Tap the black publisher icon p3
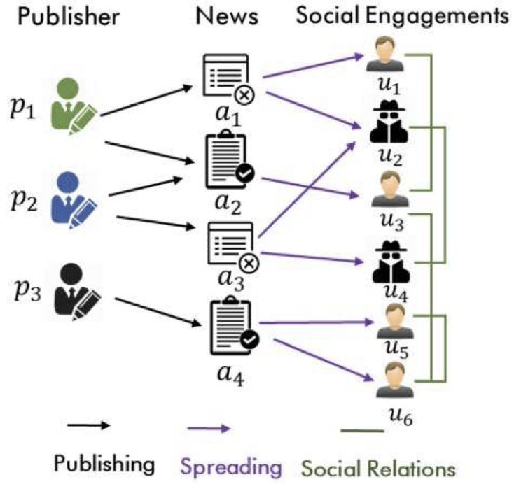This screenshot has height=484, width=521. click(78, 290)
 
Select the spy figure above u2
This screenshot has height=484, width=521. click(384, 123)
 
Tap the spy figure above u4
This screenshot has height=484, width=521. click(384, 260)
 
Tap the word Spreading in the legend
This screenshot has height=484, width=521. click(230, 465)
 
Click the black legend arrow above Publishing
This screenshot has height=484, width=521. click(88, 425)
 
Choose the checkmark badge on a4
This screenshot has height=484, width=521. click(249, 340)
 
